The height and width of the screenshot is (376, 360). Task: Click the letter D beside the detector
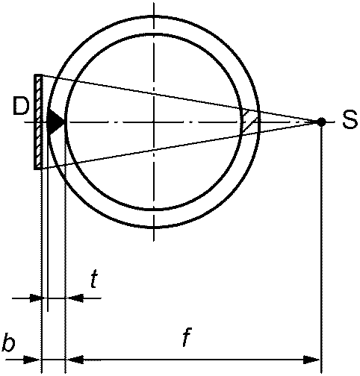point(21,106)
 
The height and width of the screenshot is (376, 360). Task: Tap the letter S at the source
point(350,119)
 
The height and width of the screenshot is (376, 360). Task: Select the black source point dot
point(321,122)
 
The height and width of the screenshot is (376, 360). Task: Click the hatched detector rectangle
point(38,122)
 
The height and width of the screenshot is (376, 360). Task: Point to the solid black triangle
point(55,122)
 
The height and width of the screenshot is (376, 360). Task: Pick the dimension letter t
point(93,279)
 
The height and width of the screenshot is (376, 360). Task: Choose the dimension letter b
point(8,342)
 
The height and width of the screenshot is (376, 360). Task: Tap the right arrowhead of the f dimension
point(311,360)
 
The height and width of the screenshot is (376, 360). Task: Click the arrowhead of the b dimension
point(31,360)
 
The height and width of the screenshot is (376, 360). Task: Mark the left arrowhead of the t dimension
point(37,298)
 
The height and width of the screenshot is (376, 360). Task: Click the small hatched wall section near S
point(249,122)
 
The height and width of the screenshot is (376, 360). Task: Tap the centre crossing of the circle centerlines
point(154,122)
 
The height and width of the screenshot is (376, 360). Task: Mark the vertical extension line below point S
point(322,248)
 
